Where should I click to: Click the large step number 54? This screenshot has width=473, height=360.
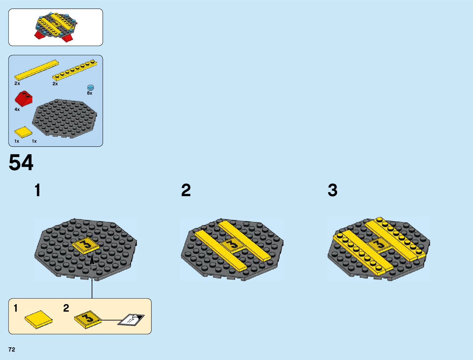pos(21,163)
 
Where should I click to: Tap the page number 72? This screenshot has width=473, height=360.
pos(12,349)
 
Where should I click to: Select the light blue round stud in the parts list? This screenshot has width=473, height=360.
pos(90,87)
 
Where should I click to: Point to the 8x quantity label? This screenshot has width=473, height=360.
pos(90,93)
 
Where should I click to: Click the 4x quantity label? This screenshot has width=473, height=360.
pos(17,109)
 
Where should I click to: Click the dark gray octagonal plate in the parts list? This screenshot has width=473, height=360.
pos(65,118)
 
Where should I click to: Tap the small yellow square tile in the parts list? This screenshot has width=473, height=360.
pos(23,132)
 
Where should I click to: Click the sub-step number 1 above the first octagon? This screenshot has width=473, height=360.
pos(37,190)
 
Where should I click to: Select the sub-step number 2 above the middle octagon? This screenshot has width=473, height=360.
pos(186,190)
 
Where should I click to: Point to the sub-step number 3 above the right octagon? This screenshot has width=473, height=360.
pos(332,190)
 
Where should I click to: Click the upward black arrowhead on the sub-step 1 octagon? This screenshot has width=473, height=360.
pos(92,259)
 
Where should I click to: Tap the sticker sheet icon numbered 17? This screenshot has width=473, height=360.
pos(131,320)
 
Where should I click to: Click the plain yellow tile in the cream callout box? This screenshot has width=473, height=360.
pos(38,319)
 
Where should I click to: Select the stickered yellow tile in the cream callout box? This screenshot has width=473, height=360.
pos(88,319)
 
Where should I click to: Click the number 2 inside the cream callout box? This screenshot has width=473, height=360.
pos(66,308)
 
